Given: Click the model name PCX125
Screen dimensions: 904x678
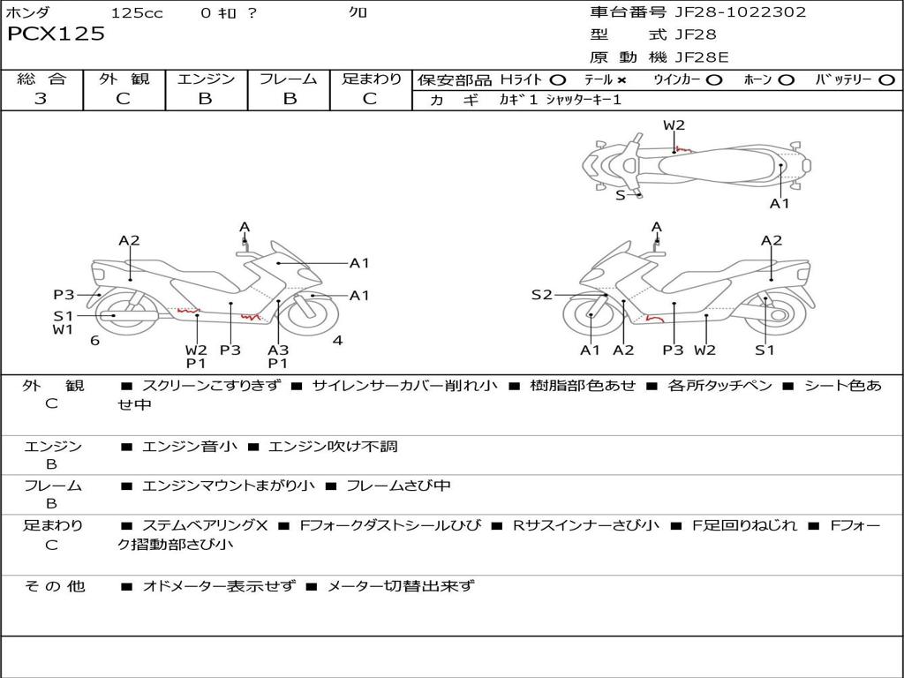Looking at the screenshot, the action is pos(56,34).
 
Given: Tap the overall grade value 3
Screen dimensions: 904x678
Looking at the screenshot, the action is pos(41,99).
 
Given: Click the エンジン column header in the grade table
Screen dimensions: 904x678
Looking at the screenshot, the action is pos(206,79).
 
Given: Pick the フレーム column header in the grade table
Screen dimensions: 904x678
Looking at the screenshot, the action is pos(289,79).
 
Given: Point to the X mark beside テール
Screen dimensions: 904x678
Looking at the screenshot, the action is pos(621,79).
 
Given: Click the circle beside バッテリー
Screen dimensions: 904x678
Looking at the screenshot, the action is pos(886,79).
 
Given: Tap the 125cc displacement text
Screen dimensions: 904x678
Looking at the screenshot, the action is pos(137,13).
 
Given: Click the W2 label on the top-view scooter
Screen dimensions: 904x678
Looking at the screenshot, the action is pos(674,125).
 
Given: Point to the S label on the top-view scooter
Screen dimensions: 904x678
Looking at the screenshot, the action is pos(620,195).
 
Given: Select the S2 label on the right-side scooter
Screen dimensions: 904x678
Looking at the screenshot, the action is pos(541,295).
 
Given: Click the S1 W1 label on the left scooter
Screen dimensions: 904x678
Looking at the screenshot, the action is pos(63,322).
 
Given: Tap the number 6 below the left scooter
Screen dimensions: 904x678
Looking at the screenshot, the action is pos(94,341).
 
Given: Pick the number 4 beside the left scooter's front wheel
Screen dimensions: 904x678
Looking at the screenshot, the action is pos(337,341).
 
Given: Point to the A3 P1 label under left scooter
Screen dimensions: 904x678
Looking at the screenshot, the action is pos(278,356).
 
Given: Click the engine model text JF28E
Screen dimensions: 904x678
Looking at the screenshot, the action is pos(702,57).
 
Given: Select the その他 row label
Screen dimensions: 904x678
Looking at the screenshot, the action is pos(54,585).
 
